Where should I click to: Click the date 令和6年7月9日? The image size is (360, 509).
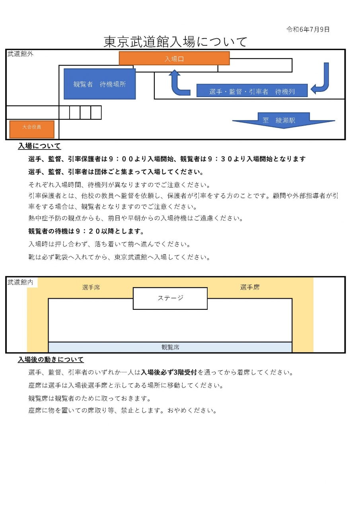pos(308,29)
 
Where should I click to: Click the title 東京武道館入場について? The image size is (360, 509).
pos(175,42)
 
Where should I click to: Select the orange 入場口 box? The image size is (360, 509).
pos(174,58)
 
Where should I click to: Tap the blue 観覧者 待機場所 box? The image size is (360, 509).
pos(99,84)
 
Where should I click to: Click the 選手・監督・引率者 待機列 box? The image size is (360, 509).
pos(252,91)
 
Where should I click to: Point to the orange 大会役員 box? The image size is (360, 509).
pos(31,127)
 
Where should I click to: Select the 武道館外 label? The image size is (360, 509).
pos(21,54)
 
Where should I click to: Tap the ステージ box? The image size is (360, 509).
pos(170,298)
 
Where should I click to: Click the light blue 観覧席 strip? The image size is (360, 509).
pos(170,347)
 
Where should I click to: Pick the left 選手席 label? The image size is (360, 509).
pos(91,287)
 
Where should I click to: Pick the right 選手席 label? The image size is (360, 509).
pos(250,287)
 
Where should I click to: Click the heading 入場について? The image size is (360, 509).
pos(39,146)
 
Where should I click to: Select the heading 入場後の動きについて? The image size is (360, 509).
pos(51,359)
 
